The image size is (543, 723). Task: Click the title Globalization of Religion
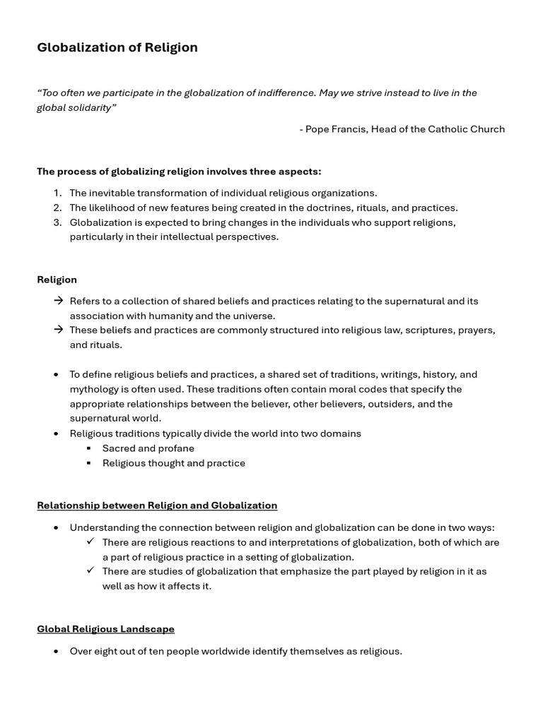[117, 47]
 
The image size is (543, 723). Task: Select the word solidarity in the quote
[90, 107]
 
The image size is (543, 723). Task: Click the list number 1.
[57, 193]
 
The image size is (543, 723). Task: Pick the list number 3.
[57, 222]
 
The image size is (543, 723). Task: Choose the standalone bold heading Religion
[57, 280]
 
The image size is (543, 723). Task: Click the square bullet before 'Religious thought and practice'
[89, 463]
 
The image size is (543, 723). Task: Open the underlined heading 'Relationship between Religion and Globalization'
[157, 505]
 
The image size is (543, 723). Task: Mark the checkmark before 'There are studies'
[90, 570]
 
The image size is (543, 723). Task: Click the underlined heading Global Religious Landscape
[105, 628]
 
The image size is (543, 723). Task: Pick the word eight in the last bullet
[107, 651]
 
